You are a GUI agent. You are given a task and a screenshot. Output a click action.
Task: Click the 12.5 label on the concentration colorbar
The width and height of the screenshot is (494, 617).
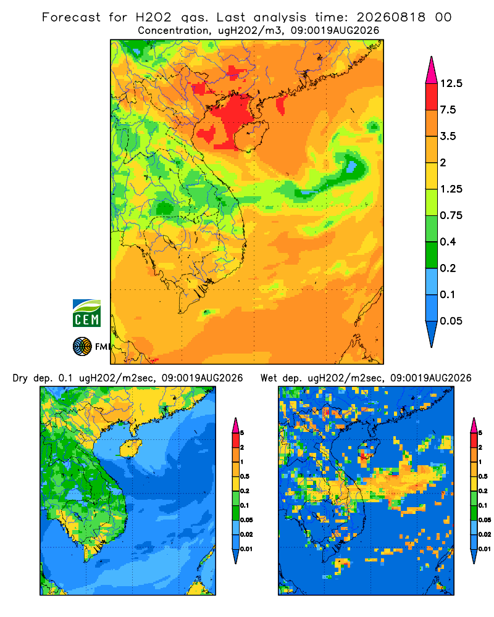(x=451, y=83)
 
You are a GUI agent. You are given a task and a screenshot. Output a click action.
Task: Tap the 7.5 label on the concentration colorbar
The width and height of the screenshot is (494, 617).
(x=448, y=110)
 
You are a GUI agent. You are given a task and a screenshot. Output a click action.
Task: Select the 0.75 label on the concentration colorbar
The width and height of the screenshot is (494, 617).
(x=451, y=215)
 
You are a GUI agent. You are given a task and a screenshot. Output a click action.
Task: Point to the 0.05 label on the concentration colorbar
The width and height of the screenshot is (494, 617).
(x=451, y=321)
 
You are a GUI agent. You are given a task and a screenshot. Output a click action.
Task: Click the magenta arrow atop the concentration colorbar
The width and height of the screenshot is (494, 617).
(x=432, y=70)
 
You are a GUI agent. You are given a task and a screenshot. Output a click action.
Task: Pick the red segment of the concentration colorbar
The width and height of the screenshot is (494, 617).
(x=432, y=97)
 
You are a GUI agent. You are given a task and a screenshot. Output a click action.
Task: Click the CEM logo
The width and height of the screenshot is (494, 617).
(x=86, y=313)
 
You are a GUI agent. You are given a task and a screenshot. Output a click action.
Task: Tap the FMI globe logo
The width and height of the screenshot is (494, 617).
(x=82, y=347)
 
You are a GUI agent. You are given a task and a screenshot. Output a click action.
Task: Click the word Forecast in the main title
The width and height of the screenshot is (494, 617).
(x=71, y=17)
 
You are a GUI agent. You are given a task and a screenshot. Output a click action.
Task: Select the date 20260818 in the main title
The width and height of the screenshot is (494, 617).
(x=391, y=17)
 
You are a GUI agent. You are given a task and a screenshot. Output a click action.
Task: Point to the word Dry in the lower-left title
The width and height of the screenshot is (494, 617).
(x=20, y=379)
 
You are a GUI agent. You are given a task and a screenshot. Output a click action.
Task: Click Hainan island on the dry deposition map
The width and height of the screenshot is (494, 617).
(x=130, y=449)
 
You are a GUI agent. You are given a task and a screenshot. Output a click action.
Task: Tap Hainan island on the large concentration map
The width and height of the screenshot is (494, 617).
(x=251, y=136)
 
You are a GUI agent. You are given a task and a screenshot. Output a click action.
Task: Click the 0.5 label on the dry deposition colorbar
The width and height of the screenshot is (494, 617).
(x=245, y=476)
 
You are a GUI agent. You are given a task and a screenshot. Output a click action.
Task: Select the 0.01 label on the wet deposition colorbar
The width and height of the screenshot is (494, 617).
(x=485, y=549)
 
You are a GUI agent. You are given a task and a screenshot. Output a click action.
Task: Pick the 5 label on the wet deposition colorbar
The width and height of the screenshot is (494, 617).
(x=480, y=433)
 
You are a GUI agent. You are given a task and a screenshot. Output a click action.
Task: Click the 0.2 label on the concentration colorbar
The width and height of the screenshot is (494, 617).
(x=448, y=268)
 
